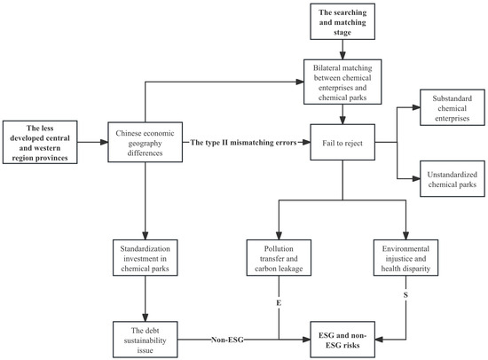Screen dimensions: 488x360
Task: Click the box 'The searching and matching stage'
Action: (342, 21)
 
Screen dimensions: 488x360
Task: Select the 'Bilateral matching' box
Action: (342, 82)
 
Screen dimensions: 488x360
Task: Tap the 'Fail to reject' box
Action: (342, 143)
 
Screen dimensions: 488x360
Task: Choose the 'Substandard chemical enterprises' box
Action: (453, 107)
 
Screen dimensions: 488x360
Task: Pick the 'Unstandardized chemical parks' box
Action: (453, 178)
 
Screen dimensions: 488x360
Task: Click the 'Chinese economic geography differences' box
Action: (145, 142)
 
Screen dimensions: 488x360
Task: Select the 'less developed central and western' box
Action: (40, 142)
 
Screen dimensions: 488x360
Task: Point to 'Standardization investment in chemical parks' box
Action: (145, 258)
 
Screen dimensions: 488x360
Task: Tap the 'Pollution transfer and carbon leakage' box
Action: (279, 258)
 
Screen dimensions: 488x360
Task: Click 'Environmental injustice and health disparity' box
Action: (405, 258)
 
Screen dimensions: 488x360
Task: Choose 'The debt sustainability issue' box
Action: (145, 340)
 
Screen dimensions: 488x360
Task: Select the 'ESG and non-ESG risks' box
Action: (342, 340)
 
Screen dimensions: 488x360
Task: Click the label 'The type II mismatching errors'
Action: (243, 143)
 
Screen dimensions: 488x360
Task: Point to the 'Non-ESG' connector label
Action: (227, 340)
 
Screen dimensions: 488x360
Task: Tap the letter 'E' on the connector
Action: (279, 302)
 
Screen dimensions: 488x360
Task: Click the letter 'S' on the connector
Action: (405, 294)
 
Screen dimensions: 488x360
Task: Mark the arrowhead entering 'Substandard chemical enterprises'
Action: (416, 107)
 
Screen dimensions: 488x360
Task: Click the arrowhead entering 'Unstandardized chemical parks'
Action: (416, 178)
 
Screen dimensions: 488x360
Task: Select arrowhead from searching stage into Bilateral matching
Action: (342, 56)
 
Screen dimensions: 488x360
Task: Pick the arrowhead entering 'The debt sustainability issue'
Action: (145, 317)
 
